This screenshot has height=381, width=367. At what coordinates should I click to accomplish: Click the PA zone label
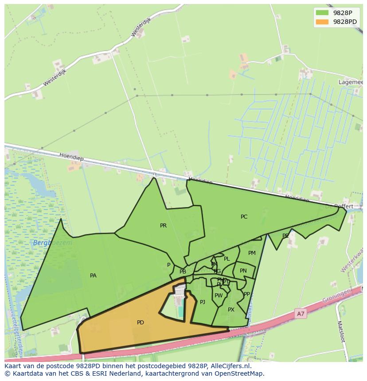click(93, 276)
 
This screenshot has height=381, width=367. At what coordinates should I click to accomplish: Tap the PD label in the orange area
click(141, 323)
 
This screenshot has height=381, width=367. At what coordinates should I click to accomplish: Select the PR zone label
click(164, 226)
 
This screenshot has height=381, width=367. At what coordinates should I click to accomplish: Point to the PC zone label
click(244, 217)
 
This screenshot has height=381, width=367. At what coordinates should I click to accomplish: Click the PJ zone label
click(203, 302)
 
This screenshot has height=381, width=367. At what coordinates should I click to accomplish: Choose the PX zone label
click(231, 310)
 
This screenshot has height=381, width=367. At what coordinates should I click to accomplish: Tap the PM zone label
click(252, 253)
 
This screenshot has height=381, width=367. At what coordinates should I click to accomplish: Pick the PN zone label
click(243, 271)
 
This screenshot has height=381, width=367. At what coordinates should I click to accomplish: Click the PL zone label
click(227, 259)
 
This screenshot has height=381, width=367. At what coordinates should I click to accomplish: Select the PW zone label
click(219, 296)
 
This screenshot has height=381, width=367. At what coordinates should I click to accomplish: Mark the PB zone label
click(183, 272)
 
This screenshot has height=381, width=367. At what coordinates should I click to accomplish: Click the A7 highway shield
click(301, 314)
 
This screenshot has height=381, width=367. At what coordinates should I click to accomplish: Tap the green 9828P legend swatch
click(322, 13)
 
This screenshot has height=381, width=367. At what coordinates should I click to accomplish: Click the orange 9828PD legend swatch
click(322, 22)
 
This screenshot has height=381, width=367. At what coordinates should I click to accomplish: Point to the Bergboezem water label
click(52, 243)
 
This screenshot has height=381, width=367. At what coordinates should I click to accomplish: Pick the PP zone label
click(247, 294)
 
